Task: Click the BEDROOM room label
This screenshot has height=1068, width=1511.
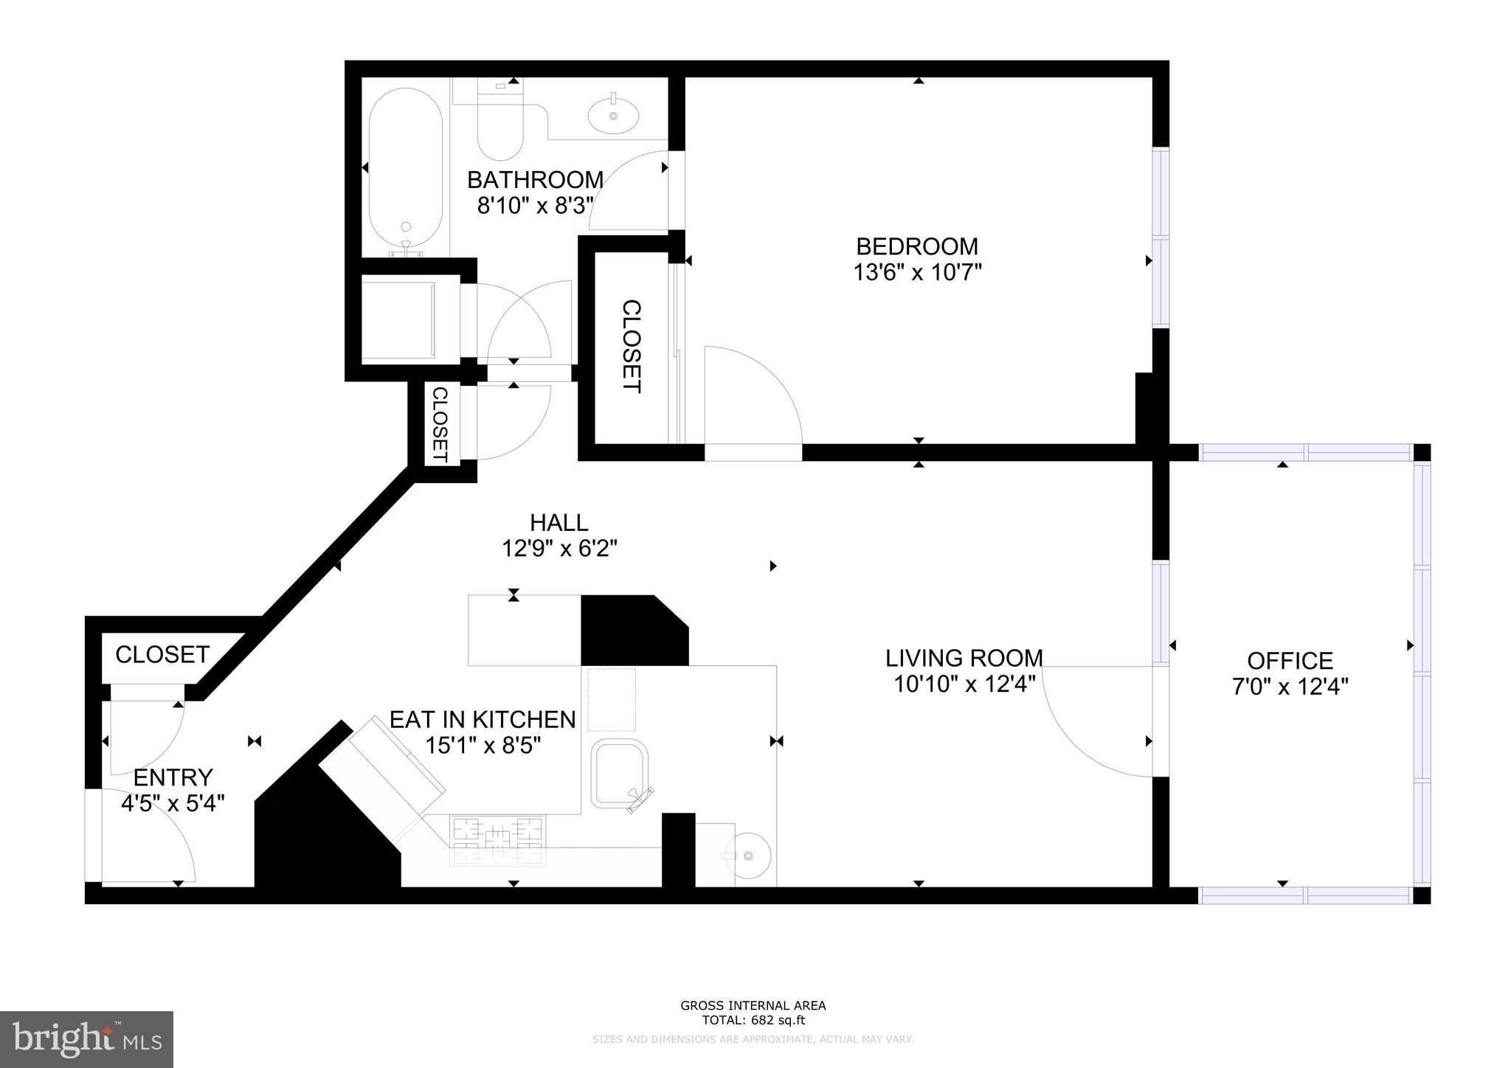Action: click(916, 246)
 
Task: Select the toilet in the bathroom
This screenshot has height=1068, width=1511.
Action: click(500, 125)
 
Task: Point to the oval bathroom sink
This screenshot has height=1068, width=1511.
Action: click(614, 117)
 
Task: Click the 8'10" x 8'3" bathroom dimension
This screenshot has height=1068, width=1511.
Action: click(535, 206)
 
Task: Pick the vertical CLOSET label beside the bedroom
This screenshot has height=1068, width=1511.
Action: click(632, 346)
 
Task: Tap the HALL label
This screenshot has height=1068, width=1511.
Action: click(559, 522)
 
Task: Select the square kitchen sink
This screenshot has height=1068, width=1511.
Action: click(620, 774)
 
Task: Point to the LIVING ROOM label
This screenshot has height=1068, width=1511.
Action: click(964, 657)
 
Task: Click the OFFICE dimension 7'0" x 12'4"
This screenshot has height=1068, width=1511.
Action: click(1290, 687)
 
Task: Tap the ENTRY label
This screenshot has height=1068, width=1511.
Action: click(173, 777)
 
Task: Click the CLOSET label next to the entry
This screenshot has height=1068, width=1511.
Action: click(162, 654)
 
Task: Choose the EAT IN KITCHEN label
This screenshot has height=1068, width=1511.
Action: click(483, 719)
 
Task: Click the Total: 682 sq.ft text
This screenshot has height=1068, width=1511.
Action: click(753, 1021)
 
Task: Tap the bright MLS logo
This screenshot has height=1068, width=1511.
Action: click(86, 1039)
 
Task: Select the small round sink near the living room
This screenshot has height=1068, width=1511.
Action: click(747, 856)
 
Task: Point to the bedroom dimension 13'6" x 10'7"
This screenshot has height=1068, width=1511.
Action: click(917, 273)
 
